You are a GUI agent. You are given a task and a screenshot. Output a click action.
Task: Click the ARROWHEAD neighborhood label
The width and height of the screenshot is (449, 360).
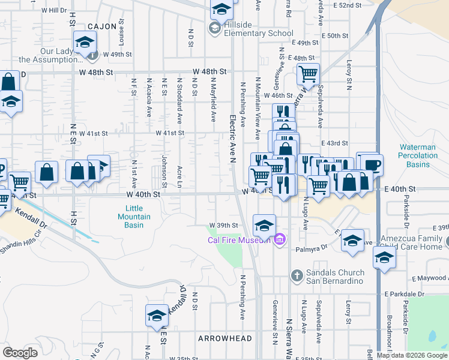coord(225,338)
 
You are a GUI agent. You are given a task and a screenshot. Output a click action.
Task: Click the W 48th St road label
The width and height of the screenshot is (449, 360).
coord(208,71)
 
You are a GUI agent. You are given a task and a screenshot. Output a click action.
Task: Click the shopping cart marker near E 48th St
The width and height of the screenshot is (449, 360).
coord(307,74)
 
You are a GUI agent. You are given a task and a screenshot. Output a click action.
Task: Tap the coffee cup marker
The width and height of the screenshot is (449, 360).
coord(372,164)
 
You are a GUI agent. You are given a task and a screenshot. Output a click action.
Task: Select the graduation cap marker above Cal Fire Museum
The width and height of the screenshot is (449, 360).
coord(264,226)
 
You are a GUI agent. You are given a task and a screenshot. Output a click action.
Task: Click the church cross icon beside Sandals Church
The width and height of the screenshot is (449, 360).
coord(296,276)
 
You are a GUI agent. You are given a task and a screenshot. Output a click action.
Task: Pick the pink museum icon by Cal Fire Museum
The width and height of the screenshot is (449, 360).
coord(278,241)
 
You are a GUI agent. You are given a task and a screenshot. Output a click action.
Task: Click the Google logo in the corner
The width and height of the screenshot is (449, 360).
coord(20,353)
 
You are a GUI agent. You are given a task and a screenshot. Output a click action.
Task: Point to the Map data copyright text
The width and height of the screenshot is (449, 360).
coord(412,355)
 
